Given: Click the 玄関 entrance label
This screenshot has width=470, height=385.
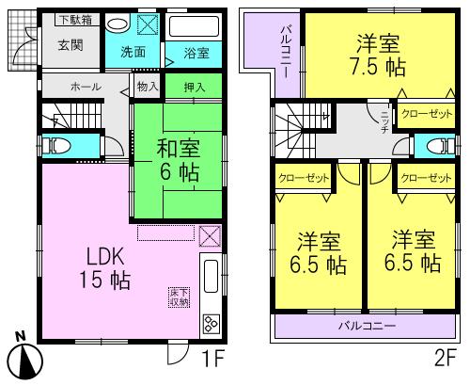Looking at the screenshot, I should point(70,44).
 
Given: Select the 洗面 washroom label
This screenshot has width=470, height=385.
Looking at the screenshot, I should point(133,53).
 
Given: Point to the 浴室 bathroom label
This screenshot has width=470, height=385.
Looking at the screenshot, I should point(196,53).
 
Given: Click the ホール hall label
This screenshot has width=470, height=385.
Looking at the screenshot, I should point(86,87).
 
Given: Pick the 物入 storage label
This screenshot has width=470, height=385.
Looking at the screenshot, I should point(147,87).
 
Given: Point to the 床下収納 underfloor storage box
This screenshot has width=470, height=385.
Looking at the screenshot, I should point(179,297).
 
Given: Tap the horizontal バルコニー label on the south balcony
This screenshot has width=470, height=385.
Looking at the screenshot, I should point(367,326).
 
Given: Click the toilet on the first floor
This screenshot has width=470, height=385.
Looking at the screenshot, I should point(59,146).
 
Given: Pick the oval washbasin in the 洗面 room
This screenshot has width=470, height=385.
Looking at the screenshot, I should point(117,25).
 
